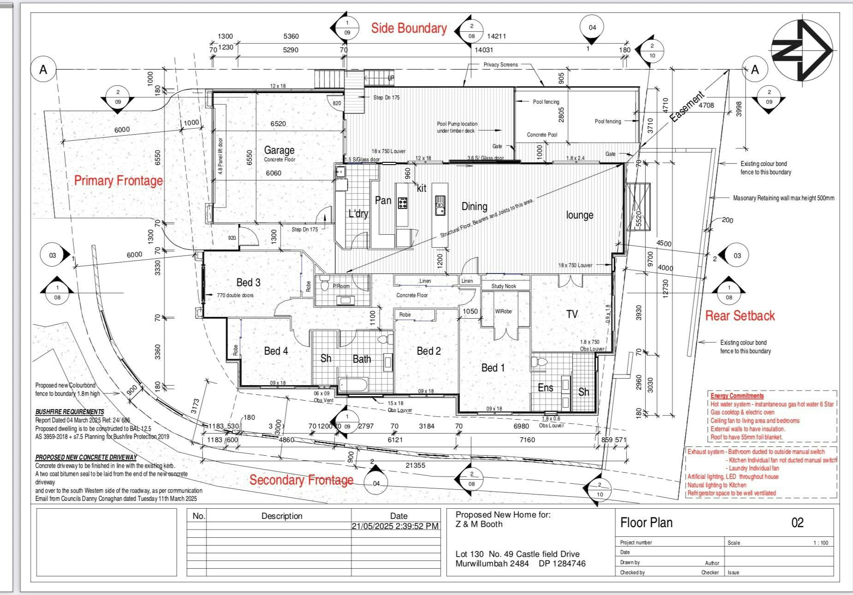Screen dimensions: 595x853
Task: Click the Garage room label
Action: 279,150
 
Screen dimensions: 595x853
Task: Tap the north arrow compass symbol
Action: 803,50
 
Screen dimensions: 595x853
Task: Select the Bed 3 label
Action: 248,282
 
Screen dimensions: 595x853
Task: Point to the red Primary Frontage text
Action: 119,180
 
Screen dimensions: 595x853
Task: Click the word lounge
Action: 579,215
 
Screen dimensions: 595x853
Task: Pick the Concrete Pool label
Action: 542,135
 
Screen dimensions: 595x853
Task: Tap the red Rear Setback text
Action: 740,316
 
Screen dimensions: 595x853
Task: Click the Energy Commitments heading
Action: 737,396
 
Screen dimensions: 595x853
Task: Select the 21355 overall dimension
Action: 415,465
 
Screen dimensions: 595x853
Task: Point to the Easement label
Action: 687,107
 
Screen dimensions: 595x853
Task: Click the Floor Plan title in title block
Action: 646,523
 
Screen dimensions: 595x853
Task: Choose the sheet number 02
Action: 797,523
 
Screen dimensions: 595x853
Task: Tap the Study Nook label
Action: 503,286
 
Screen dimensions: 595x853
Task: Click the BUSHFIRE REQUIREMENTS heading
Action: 70,412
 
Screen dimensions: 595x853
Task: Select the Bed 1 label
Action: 493,368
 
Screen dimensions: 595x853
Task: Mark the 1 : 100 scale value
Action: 821,543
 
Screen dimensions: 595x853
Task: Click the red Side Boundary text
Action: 409,29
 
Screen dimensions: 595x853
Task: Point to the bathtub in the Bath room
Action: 353,385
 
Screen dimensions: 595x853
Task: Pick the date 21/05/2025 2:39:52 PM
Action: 395,526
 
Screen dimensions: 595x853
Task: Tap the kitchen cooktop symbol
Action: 403,202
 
